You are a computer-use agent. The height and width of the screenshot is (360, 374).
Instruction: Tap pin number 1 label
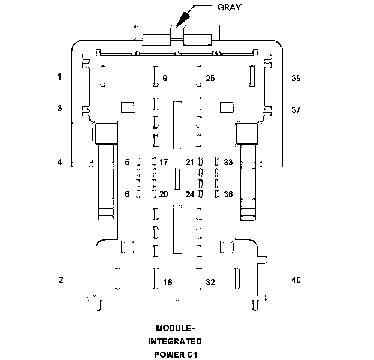[60, 77]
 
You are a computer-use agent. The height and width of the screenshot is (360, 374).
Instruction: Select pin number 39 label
[296, 78]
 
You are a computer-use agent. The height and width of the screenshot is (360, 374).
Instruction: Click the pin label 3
[60, 109]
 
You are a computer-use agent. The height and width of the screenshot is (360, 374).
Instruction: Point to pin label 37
[296, 110]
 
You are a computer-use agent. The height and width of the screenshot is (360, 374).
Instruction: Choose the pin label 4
[60, 162]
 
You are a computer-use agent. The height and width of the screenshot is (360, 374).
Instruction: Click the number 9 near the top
[165, 78]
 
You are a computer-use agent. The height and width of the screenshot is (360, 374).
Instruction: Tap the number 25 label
[210, 78]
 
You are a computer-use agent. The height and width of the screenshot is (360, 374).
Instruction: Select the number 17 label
[164, 162]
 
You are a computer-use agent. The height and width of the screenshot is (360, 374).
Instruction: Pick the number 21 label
[190, 162]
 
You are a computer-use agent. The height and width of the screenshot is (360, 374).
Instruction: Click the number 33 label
[228, 162]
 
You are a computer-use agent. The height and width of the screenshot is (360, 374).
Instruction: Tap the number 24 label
[190, 194]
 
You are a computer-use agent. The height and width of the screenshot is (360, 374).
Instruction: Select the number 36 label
[228, 194]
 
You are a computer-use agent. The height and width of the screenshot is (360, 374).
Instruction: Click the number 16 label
[168, 282]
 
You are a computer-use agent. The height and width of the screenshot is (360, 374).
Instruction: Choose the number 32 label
[210, 282]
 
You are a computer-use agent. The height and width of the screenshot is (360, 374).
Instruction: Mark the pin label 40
[296, 280]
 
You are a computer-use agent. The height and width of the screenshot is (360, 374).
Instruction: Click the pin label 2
[60, 280]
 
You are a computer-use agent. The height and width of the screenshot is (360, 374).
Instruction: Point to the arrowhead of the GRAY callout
[179, 23]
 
